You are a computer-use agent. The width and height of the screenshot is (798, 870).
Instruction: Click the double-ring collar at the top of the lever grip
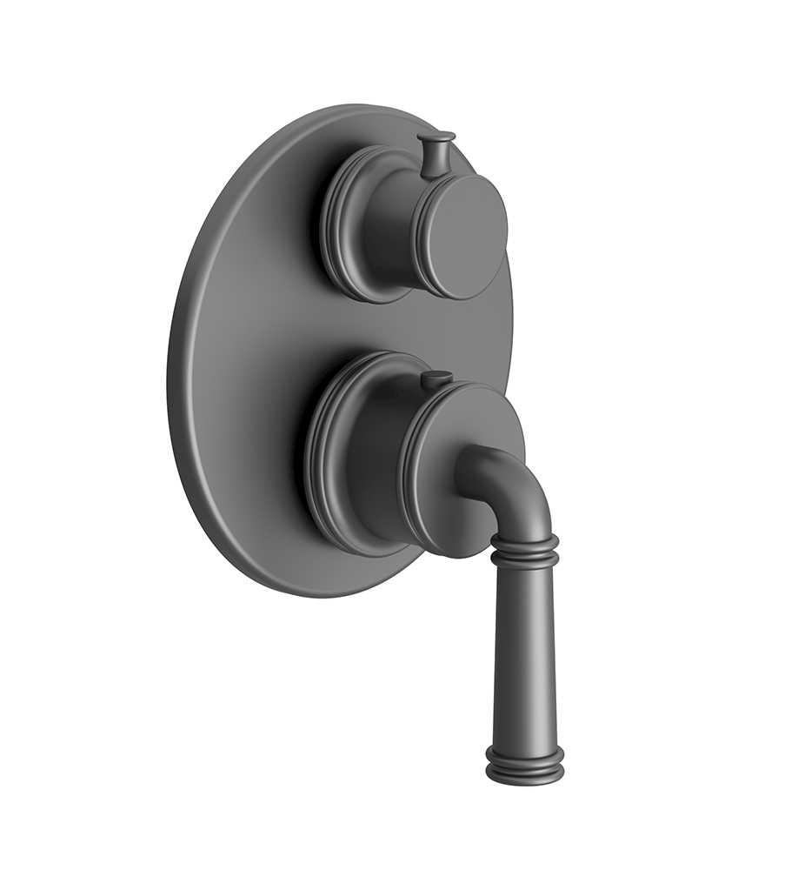[524, 549]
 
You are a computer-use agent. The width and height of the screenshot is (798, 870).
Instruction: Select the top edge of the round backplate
[365, 109]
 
